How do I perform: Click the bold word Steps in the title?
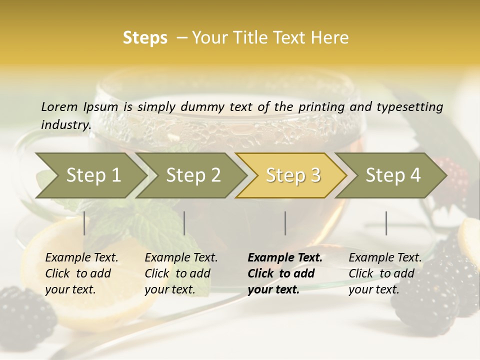pos(145,38)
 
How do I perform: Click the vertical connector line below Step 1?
pos(84,223)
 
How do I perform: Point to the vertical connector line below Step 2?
pos(184,223)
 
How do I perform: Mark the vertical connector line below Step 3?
pos(285,223)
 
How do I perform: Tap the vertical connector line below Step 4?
pos(386,223)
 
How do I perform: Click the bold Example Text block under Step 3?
pos(285,273)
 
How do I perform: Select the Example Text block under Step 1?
pos(81,273)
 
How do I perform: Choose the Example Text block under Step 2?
pos(181,273)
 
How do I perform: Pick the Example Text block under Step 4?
pos(385,273)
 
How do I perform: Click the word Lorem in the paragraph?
pos(59,106)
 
